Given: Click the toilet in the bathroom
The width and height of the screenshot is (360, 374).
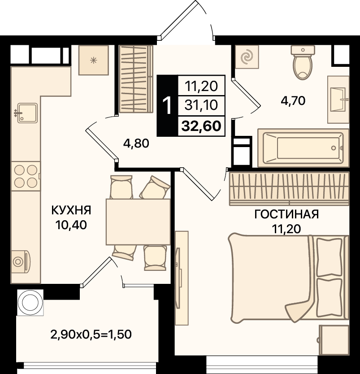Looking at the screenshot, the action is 303,62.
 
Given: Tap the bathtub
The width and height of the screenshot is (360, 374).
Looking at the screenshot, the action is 304,148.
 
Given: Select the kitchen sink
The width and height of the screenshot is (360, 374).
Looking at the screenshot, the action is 27,113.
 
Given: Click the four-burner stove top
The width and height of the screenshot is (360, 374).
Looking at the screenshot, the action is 26,176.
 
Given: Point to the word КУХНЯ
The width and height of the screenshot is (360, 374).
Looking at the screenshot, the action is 71,210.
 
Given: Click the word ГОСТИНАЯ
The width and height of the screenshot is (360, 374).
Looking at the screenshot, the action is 286,214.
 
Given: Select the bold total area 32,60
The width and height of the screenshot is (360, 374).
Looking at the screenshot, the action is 201,126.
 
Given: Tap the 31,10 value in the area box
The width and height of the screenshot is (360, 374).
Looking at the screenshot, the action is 201,105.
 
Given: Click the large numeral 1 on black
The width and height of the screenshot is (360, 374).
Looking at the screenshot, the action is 167,106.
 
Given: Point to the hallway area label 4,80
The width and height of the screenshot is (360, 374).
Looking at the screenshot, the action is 136,144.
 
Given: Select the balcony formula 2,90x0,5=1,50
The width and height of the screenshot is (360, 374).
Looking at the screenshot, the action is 91,334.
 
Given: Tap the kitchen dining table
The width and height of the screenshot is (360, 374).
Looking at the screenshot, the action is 138,222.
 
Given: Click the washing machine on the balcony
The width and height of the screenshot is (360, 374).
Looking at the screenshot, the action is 30,302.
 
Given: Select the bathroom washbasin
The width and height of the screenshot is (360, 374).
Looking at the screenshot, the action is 338,100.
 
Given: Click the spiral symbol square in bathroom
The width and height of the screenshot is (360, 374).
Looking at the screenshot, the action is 247,57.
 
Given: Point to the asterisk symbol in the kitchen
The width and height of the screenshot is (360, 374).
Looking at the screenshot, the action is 93,61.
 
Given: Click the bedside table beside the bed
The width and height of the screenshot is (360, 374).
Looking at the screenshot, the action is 334,340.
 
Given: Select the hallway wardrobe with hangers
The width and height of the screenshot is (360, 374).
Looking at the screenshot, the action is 136,79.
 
